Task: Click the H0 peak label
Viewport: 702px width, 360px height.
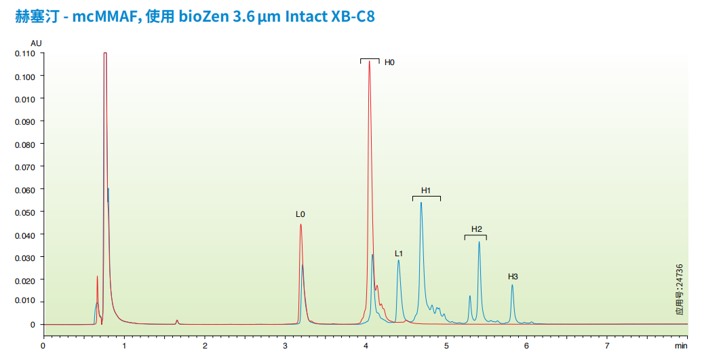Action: coord(389,62)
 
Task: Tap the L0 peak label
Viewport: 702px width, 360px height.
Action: coord(300,214)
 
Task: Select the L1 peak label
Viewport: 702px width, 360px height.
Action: coord(399,254)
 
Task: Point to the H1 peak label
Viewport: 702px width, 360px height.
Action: coord(426,190)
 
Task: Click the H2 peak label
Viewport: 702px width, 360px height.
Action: coord(477,228)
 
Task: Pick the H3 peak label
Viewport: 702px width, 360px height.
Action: coord(513,277)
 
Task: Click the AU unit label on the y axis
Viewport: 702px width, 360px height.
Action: coord(36,43)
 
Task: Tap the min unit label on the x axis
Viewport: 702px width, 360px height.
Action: coord(681,346)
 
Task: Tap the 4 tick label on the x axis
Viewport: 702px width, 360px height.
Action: coord(366,346)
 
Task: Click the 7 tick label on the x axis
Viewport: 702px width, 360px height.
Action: coord(607,346)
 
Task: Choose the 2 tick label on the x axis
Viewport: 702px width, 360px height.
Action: coord(205,346)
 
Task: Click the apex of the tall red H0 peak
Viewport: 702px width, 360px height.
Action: coord(369,62)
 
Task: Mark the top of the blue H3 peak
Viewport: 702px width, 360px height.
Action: coord(512,285)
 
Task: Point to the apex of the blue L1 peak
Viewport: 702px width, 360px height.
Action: coord(399,260)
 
